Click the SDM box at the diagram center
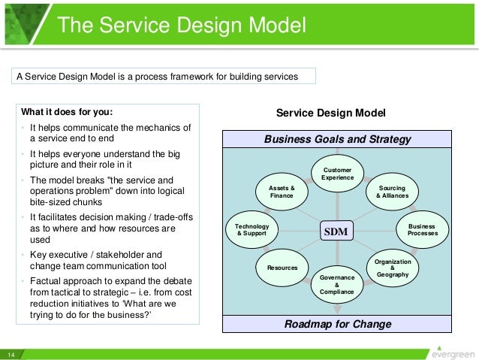coord(336,232)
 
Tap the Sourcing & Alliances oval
coord(392,192)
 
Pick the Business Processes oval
coord(422,229)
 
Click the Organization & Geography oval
coord(393,268)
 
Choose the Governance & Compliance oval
coord(336,284)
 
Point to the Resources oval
coord(282,268)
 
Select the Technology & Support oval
coord(252,230)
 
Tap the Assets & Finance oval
coord(282,192)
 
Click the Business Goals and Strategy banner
coord(337,140)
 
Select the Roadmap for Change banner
coord(337,325)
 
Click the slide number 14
coord(12,354)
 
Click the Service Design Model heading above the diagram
coord(330,113)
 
